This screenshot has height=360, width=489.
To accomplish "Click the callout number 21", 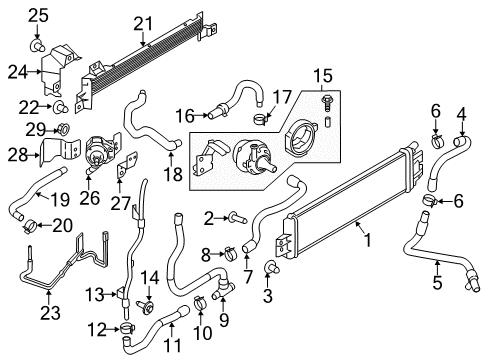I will [x=145, y=22].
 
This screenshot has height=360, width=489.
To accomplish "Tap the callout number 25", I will [x=37, y=14].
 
